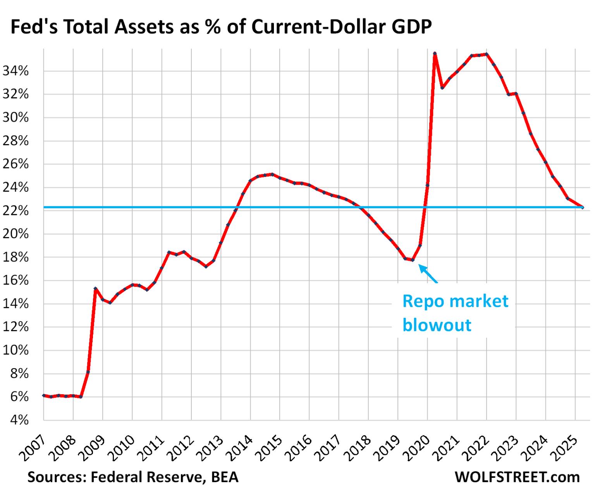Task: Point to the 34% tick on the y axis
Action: coord(15,71)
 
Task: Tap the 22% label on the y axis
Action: coord(15,211)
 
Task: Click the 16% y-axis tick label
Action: coord(15,280)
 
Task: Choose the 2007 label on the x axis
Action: coord(33,448)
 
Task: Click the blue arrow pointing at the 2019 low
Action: coord(428,274)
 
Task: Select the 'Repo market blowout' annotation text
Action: coord(455,313)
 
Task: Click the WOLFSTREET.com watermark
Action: coord(517,477)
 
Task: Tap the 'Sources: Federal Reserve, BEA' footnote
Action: coord(132,477)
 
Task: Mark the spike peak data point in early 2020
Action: coord(435,53)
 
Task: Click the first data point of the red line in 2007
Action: coord(44,395)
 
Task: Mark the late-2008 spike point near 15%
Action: coord(95,288)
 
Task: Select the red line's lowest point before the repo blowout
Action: coord(413,260)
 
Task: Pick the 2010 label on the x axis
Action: coord(122,448)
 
